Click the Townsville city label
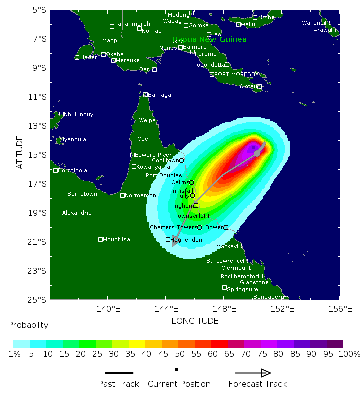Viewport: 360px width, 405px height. [x=188, y=216]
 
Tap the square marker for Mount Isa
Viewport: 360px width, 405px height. [x=100, y=239]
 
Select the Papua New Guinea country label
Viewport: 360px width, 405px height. [x=210, y=39]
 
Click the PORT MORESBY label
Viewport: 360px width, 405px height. [x=237, y=74]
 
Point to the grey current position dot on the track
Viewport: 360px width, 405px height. [x=257, y=153]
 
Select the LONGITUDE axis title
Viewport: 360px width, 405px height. [x=195, y=321]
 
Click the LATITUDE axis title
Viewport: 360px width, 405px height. [x=20, y=154]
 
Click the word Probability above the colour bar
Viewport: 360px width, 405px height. [x=28, y=325]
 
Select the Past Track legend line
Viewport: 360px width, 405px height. [x=119, y=373]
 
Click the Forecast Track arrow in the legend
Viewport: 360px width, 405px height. [x=253, y=373]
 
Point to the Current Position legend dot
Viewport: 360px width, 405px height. [x=177, y=370]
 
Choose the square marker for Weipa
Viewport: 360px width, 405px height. [x=137, y=120]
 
